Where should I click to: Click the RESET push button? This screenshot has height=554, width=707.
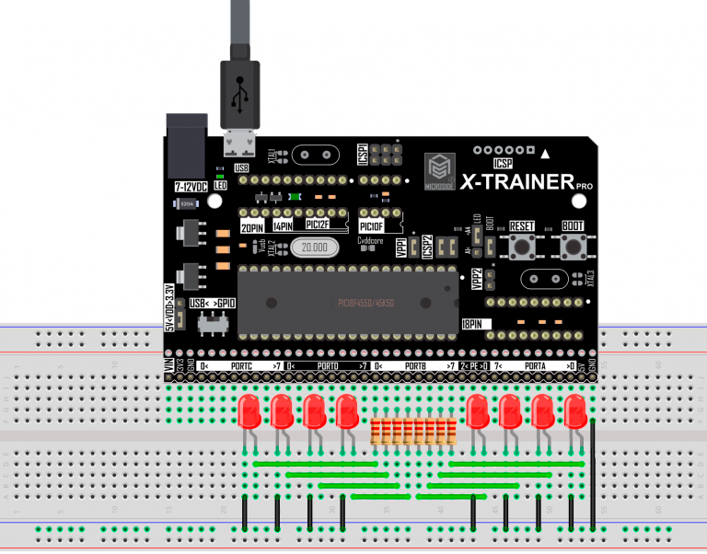[x=522, y=246]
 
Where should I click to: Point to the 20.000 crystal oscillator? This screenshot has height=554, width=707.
[x=316, y=247]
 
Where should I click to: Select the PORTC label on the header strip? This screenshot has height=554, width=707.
[x=241, y=366]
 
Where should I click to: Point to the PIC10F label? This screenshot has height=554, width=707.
[x=372, y=225]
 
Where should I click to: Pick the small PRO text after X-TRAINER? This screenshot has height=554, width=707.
[x=584, y=187]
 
